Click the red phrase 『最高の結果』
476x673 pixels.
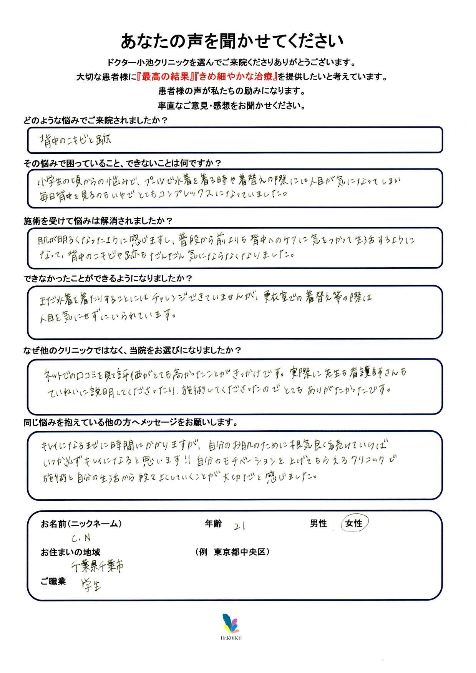coord(166,77)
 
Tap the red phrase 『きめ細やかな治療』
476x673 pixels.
coord(236,77)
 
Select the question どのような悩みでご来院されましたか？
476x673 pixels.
coord(96,120)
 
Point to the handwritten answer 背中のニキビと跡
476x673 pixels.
coord(75,140)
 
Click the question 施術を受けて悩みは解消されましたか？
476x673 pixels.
coord(98,221)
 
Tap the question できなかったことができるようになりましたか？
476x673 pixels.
coord(108,278)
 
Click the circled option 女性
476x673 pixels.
coord(354,523)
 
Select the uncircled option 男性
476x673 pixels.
coord(318,523)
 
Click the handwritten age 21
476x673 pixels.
coord(239,526)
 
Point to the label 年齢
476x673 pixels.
coord(214,523)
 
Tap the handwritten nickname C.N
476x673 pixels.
coord(81,538)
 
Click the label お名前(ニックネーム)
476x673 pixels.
coord(81,523)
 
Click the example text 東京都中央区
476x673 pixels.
coord(240,552)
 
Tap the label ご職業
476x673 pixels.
coord(53,581)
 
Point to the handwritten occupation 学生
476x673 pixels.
coord(91,585)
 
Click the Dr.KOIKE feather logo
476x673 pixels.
coord(231,624)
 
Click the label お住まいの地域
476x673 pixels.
coord(70,552)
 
